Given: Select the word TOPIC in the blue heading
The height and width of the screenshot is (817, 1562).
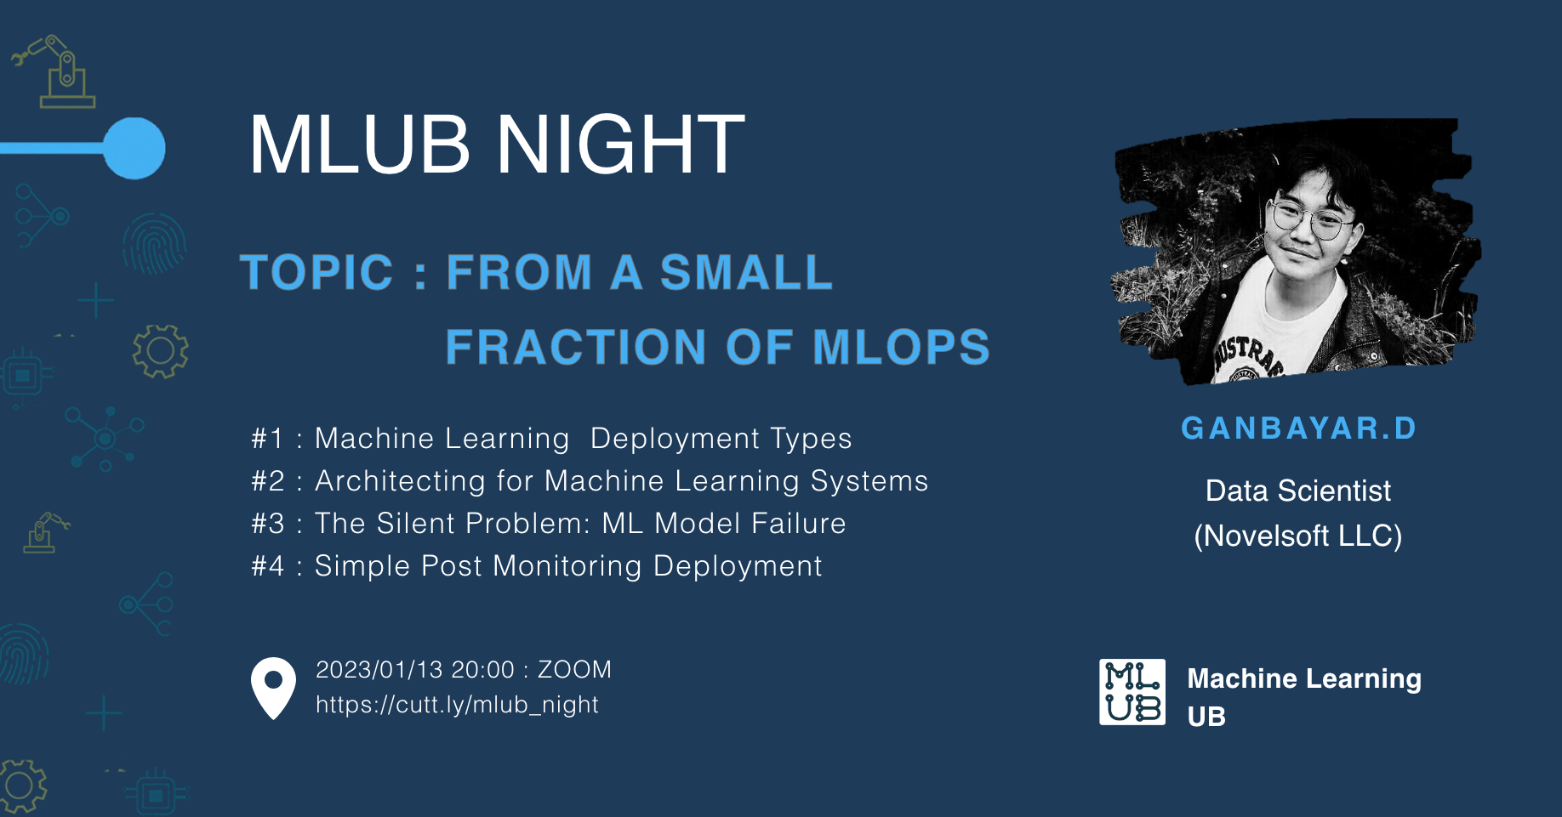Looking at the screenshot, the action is [317, 272].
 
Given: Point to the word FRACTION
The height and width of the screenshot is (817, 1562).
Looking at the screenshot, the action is [576, 347].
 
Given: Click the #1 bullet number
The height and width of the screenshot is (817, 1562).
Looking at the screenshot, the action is [267, 439].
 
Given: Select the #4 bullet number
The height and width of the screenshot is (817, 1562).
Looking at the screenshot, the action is [267, 566].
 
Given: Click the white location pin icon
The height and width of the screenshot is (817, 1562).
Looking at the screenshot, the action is [273, 688].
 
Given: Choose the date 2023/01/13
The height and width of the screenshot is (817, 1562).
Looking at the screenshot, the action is [379, 670].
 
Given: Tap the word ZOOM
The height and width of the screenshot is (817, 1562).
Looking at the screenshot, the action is [574, 670].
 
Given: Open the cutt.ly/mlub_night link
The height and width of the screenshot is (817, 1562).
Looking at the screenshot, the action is [457, 705].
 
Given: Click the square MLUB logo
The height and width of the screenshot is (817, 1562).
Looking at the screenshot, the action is [1132, 692].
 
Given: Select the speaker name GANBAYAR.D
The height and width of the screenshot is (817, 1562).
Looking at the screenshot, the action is [1298, 428].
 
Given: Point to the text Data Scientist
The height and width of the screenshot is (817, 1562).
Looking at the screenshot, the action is [1298, 491].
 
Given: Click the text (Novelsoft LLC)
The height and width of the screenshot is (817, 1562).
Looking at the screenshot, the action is [1298, 536].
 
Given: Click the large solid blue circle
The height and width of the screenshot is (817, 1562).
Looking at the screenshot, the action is [134, 149].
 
